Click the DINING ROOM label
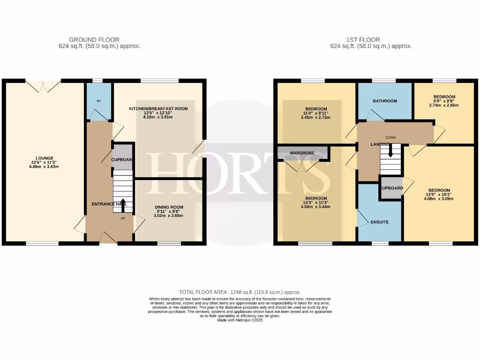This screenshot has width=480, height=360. [169, 207]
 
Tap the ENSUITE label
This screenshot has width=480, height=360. [379, 222]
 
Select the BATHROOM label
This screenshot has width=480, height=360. [385, 101]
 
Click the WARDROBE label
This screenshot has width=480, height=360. [302, 153]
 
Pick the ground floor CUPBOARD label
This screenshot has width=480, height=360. [122, 160]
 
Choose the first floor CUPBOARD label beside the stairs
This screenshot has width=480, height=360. [391, 188]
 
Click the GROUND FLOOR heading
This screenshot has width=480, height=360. [94, 40]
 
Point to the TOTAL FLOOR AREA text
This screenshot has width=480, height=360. [240, 292]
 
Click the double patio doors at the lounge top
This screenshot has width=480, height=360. [43, 85]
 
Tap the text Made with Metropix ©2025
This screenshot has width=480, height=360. [240, 320]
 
